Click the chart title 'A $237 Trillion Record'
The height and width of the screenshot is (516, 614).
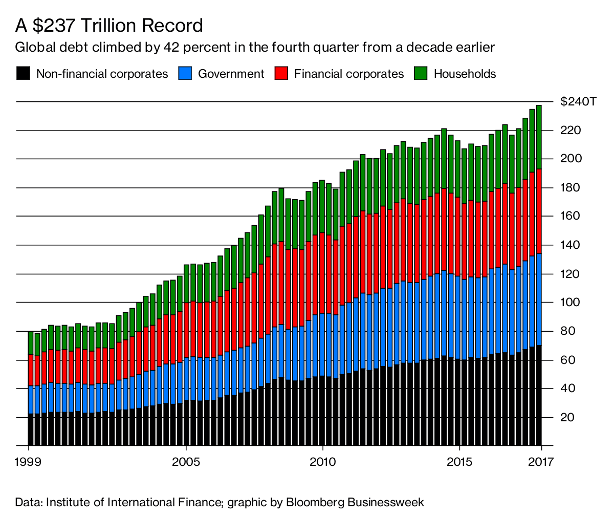tap(109, 25)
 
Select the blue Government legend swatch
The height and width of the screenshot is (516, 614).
tap(185, 73)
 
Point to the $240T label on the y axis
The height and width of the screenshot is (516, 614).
tap(578, 101)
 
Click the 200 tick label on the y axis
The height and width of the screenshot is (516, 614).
tap(570, 159)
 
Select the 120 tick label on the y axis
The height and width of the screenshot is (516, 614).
tap(570, 274)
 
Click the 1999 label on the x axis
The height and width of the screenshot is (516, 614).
tap(29, 461)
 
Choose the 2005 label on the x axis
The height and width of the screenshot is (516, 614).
tap(187, 461)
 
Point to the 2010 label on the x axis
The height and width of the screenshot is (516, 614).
tap(323, 461)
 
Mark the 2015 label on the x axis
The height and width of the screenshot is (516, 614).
tap(460, 461)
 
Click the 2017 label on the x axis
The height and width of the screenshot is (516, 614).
tap(541, 461)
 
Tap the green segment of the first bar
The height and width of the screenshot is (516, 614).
tap(31, 343)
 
